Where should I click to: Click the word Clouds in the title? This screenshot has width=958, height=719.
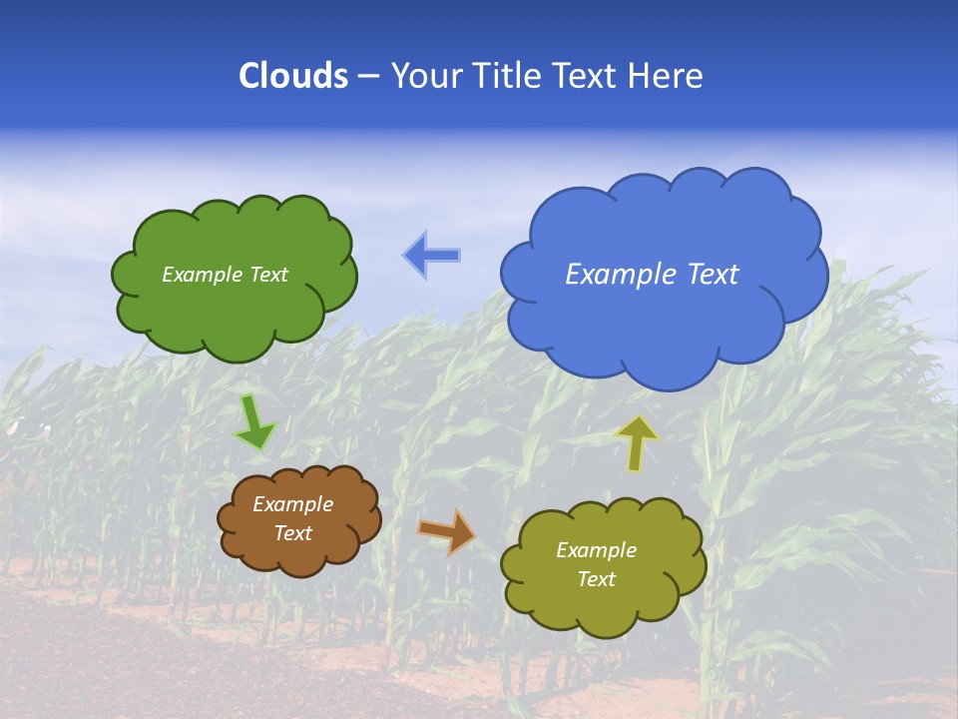tap(293, 76)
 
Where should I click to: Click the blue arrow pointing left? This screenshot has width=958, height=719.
tap(432, 256)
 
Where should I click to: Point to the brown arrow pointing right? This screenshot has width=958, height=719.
tap(446, 530)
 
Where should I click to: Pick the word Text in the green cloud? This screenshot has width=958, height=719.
tap(269, 275)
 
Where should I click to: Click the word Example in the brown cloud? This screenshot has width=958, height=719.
tap(293, 504)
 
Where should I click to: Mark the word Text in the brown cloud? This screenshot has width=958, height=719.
tap(293, 533)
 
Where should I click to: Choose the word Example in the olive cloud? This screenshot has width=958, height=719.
tap(596, 550)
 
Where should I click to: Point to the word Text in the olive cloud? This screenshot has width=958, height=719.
tap(596, 579)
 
